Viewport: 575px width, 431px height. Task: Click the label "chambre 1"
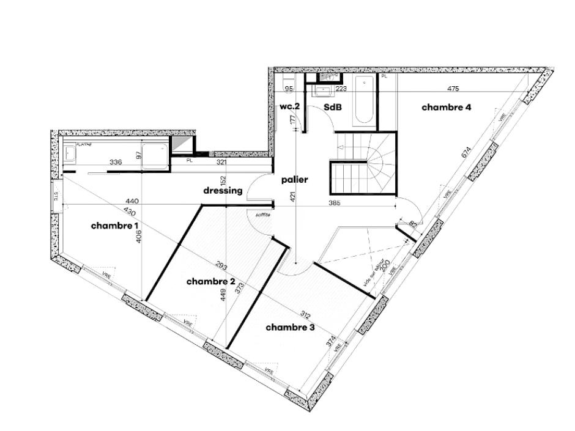click(x=116, y=226)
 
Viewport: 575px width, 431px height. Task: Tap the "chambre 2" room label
click(x=211, y=281)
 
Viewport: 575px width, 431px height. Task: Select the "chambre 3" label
click(x=290, y=328)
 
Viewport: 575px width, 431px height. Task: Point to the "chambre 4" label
click(x=447, y=108)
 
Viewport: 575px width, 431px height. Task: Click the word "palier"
click(x=294, y=180)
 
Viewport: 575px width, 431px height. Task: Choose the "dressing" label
click(x=223, y=190)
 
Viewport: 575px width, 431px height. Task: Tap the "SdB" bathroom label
click(x=332, y=107)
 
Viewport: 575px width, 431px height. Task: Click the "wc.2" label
click(x=290, y=106)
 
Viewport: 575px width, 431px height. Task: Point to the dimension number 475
click(x=453, y=89)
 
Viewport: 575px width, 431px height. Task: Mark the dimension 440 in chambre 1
click(x=132, y=201)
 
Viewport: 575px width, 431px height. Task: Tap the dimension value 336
click(x=116, y=162)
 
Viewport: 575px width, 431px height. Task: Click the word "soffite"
click(x=262, y=215)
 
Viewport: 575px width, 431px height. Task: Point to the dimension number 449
click(x=224, y=297)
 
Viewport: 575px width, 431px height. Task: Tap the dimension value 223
click(x=341, y=89)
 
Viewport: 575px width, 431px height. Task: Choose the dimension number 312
click(x=305, y=315)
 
